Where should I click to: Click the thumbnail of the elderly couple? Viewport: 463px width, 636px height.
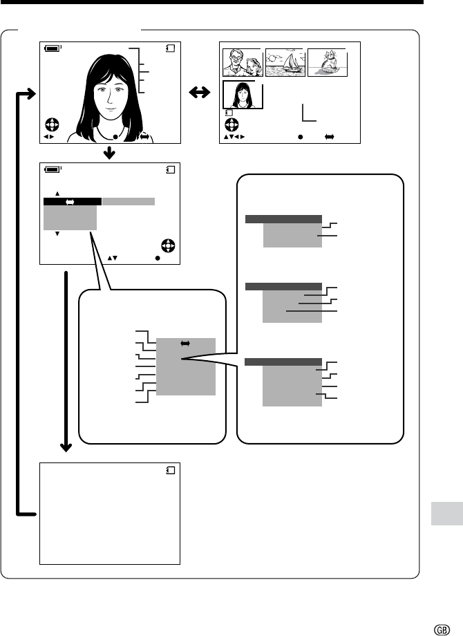243,62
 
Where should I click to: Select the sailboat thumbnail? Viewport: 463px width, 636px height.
285,62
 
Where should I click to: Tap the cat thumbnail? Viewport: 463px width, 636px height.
328,62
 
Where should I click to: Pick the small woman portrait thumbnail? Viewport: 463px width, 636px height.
243,95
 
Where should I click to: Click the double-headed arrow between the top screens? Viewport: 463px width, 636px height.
200,93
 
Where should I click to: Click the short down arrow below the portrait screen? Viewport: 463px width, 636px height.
109,153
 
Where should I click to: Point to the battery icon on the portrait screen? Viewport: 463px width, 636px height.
53,48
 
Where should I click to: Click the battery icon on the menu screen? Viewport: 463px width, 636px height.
53,169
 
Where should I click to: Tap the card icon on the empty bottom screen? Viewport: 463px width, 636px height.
171,470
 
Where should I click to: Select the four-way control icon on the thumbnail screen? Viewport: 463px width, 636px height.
231,124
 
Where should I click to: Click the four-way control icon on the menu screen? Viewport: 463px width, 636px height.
168,246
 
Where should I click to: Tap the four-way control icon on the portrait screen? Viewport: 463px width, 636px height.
52,124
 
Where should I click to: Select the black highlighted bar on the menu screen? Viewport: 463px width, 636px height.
73,202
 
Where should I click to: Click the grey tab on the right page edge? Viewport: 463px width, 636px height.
447,514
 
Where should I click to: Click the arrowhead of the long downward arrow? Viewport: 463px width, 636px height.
66,447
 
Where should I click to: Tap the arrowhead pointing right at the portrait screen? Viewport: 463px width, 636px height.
31,94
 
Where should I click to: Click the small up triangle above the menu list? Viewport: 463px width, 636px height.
57,194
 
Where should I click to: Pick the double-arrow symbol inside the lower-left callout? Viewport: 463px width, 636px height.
185,344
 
